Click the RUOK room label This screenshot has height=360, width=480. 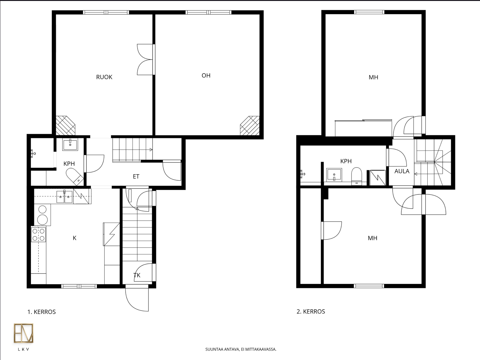pos(104,77)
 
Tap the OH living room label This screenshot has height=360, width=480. pos(206,75)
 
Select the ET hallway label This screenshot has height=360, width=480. pos(136,177)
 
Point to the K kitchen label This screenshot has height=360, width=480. pos(75,238)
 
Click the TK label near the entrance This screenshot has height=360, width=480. pos(137,275)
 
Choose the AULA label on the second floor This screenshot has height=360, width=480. pos(402,171)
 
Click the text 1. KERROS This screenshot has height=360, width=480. pos(42,312)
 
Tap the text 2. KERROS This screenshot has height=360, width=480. pos(311,311)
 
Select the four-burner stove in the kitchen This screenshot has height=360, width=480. pos(39,234)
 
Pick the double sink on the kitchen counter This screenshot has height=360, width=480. pos(64,197)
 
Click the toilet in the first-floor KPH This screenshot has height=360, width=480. pos(75,177)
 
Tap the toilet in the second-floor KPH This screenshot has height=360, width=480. pos(357,176)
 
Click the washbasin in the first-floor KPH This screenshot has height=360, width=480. pos(70,144)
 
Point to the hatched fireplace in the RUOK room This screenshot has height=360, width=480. pos(65,126)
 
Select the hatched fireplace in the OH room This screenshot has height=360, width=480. pos(250,126)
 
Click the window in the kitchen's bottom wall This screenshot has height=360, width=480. pos(79,286)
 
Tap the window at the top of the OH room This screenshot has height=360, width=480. pos(208,12)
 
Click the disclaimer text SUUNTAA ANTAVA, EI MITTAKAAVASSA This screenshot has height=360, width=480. pos(241,349)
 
